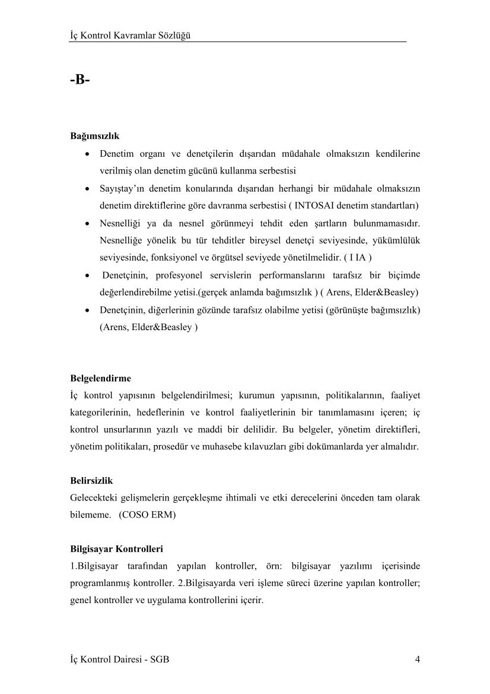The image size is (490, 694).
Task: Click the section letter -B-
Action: pos(79,79)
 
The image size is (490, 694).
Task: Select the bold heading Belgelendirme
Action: pos(100,378)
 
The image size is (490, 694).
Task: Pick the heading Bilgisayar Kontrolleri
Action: pos(117,549)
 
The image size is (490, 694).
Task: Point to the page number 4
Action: pos(418,659)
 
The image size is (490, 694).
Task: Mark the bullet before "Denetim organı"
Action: pos(88,154)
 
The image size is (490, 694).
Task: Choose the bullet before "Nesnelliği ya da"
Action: pos(88,223)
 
